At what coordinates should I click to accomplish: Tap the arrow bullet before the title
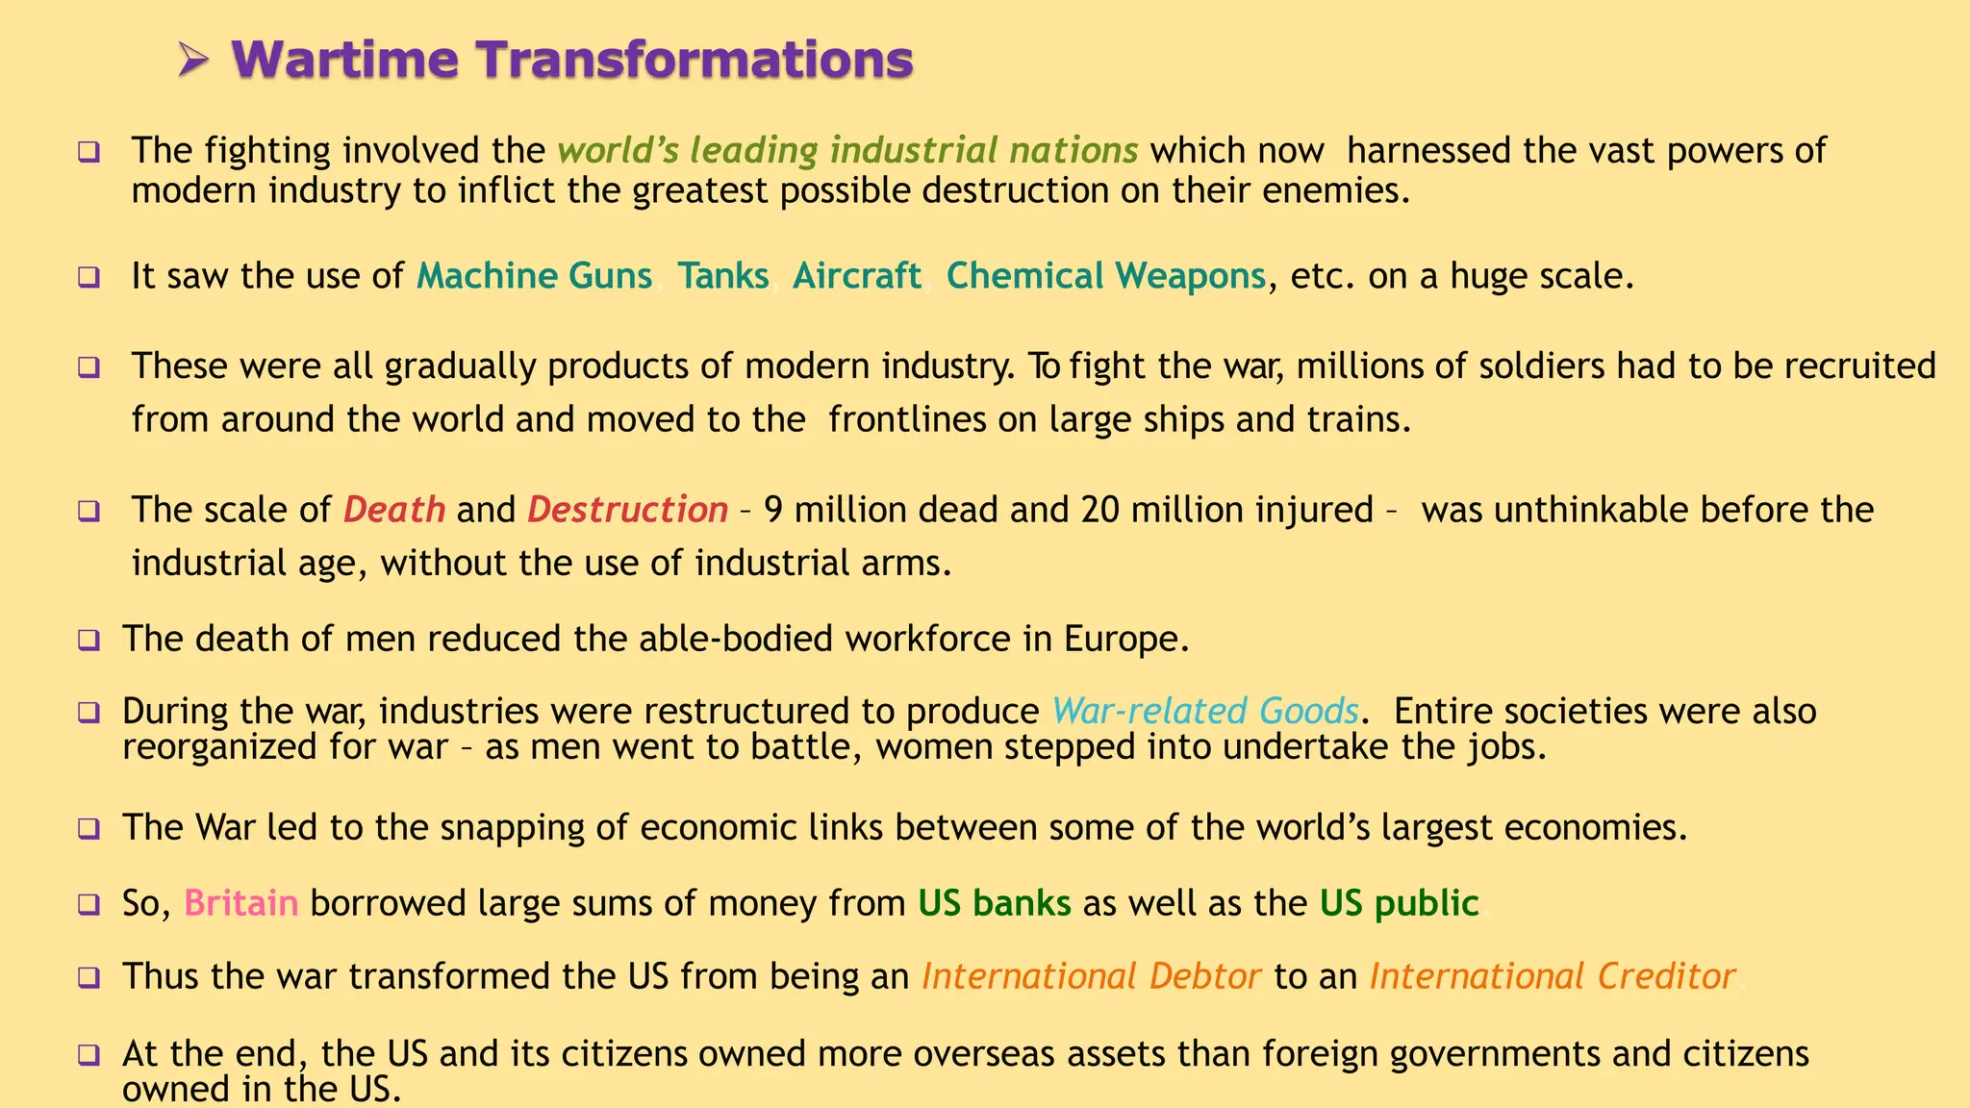pyautogui.click(x=193, y=62)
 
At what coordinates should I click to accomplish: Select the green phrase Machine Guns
pyautogui.click(x=534, y=276)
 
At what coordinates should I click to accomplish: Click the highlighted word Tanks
pyautogui.click(x=722, y=276)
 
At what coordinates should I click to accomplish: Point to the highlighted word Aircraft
pyautogui.click(x=856, y=276)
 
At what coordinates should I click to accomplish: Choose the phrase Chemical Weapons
pyautogui.click(x=1105, y=276)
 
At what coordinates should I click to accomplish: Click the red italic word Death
pyautogui.click(x=394, y=510)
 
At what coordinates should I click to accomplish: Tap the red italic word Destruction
pyautogui.click(x=627, y=510)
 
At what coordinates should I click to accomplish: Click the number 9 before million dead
pyautogui.click(x=773, y=510)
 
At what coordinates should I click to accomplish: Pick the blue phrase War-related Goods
pyautogui.click(x=1204, y=711)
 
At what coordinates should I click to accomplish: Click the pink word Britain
pyautogui.click(x=240, y=903)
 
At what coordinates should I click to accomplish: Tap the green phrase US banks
pyautogui.click(x=994, y=903)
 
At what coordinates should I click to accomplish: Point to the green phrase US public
pyautogui.click(x=1399, y=903)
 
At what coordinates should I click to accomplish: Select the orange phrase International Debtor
pyautogui.click(x=1091, y=976)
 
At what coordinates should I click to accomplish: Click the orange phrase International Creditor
pyautogui.click(x=1552, y=976)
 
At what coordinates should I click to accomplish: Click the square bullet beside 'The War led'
pyautogui.click(x=89, y=828)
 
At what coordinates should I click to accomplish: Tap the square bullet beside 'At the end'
pyautogui.click(x=89, y=1055)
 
